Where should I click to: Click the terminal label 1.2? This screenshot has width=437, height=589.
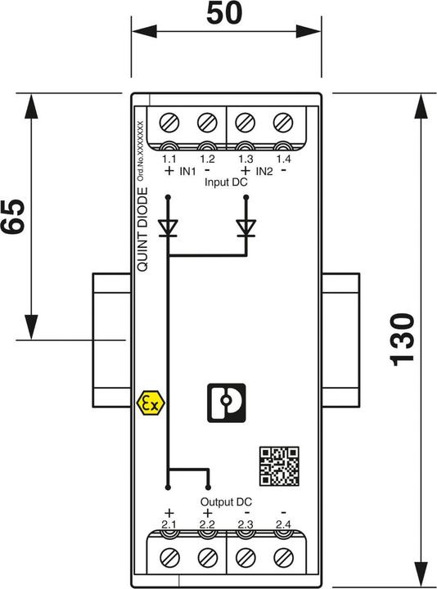(206, 157)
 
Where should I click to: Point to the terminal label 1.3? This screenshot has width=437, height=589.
(245, 157)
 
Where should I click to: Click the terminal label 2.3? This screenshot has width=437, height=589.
(245, 524)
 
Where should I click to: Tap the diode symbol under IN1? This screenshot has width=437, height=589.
(169, 227)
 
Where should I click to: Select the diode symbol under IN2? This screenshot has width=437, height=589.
(245, 227)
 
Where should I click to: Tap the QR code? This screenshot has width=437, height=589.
(278, 465)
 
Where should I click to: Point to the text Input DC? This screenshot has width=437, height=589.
(226, 184)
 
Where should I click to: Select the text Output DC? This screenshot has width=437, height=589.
(226, 501)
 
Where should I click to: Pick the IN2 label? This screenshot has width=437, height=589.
(264, 172)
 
